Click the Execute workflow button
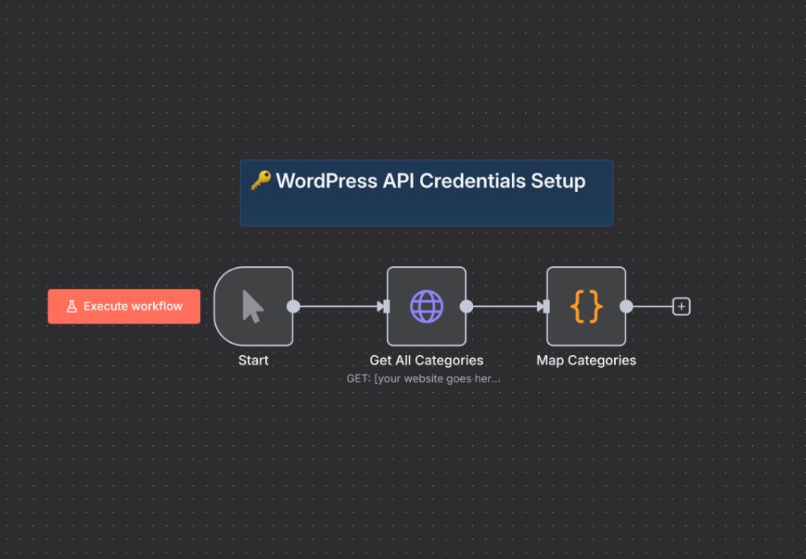[124, 307]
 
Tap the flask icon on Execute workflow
[72, 307]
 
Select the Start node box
[253, 307]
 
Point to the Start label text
[253, 361]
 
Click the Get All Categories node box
[426, 307]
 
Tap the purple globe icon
[426, 307]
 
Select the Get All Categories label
[426, 361]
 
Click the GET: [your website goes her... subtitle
[423, 378]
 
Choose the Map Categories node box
[586, 307]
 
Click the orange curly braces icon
[586, 307]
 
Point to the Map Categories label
[586, 361]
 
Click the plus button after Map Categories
[682, 307]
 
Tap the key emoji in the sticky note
[260, 180]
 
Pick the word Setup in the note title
[558, 181]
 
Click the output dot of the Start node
[293, 307]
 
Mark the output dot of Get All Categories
[466, 307]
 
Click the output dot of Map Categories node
[626, 307]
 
